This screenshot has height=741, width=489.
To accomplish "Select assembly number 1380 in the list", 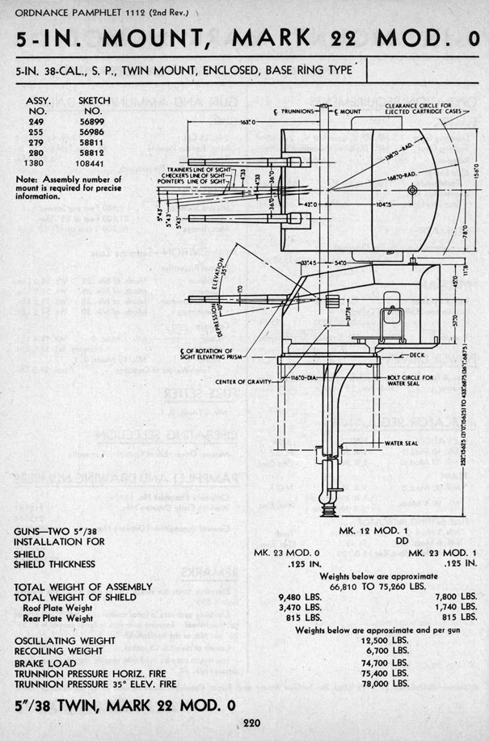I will coord(36,162).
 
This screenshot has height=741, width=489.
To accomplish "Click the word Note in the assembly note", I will coord(27,179).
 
